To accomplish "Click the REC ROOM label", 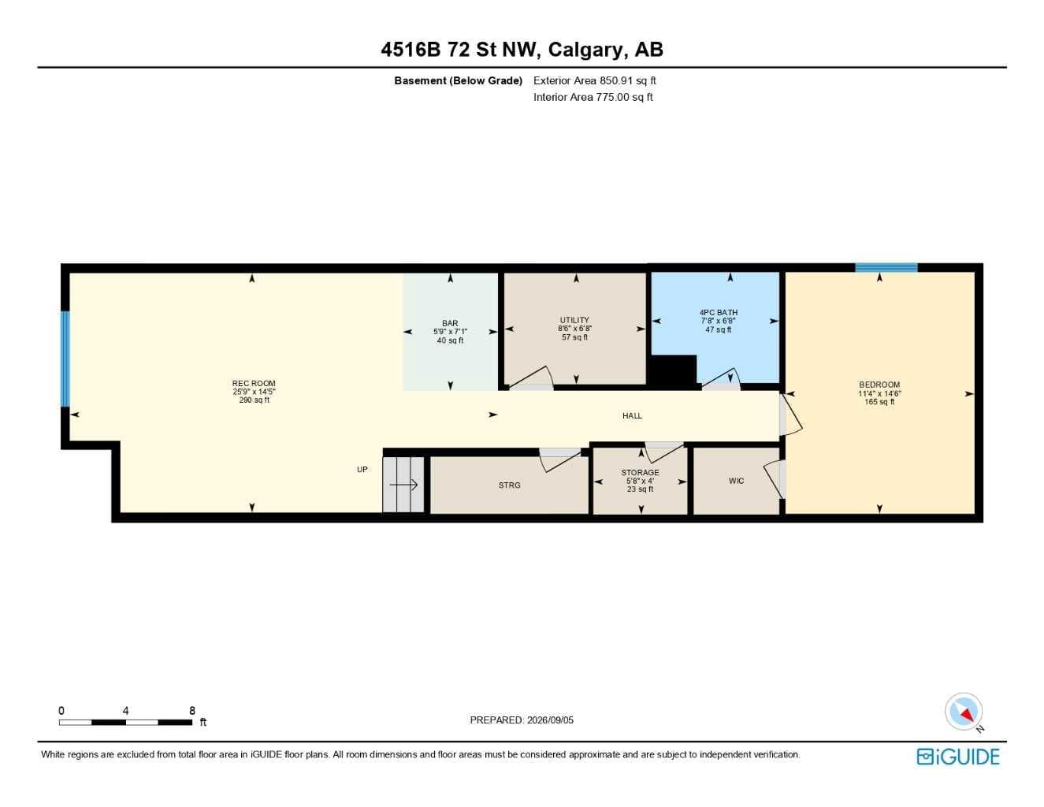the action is pyautogui.click(x=254, y=383).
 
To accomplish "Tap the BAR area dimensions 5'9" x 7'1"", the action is pyautogui.click(x=450, y=332).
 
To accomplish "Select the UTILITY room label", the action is pyautogui.click(x=574, y=320).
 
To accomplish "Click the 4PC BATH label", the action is pyautogui.click(x=719, y=312).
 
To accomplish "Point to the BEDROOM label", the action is pyautogui.click(x=879, y=385).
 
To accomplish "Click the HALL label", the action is pyautogui.click(x=632, y=415).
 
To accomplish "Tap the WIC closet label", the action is pyautogui.click(x=736, y=481).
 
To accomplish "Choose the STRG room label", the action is pyautogui.click(x=509, y=485).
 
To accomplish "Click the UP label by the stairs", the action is pyautogui.click(x=362, y=470).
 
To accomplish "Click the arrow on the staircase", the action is pyautogui.click(x=403, y=485).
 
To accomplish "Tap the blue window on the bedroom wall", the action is pyautogui.click(x=886, y=268).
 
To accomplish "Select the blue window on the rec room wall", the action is pyautogui.click(x=65, y=359).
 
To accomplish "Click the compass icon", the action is pyautogui.click(x=964, y=712).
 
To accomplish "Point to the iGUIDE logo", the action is pyautogui.click(x=958, y=757).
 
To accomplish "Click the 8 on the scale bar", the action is pyautogui.click(x=192, y=710).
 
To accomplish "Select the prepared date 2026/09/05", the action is pyautogui.click(x=550, y=720).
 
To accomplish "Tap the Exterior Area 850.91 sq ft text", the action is pyautogui.click(x=594, y=80).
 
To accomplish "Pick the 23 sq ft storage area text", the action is pyautogui.click(x=640, y=489).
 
